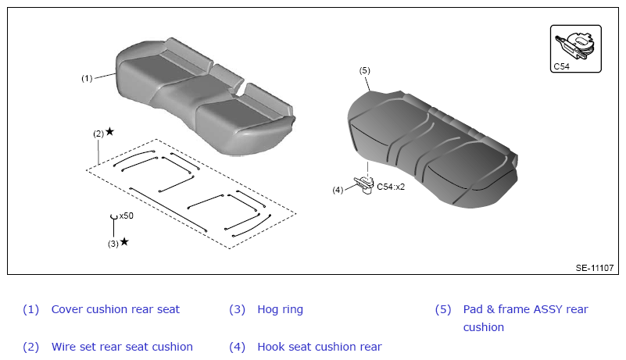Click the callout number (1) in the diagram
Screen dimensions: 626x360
(x=87, y=78)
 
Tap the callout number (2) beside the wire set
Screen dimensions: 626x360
(x=98, y=134)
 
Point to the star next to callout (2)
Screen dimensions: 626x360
(x=109, y=131)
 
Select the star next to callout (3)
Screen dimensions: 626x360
(x=124, y=241)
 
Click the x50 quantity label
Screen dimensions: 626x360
(x=126, y=216)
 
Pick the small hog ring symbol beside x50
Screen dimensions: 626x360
(x=114, y=217)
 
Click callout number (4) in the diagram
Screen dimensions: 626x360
(x=338, y=190)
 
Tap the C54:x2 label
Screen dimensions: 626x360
(x=391, y=187)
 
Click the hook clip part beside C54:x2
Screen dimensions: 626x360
(x=364, y=185)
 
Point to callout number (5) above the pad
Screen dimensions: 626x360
(x=364, y=70)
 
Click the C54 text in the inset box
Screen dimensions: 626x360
(x=561, y=66)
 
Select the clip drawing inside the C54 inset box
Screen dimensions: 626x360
(x=576, y=45)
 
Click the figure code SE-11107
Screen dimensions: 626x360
(x=595, y=268)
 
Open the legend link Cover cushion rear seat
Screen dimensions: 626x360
(x=116, y=309)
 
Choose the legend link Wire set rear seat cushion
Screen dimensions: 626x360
(x=122, y=347)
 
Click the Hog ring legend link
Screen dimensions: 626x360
(x=281, y=309)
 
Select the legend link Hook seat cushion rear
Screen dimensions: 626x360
(x=320, y=347)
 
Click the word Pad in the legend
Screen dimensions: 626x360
(x=473, y=309)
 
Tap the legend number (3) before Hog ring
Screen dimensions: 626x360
(x=237, y=309)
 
